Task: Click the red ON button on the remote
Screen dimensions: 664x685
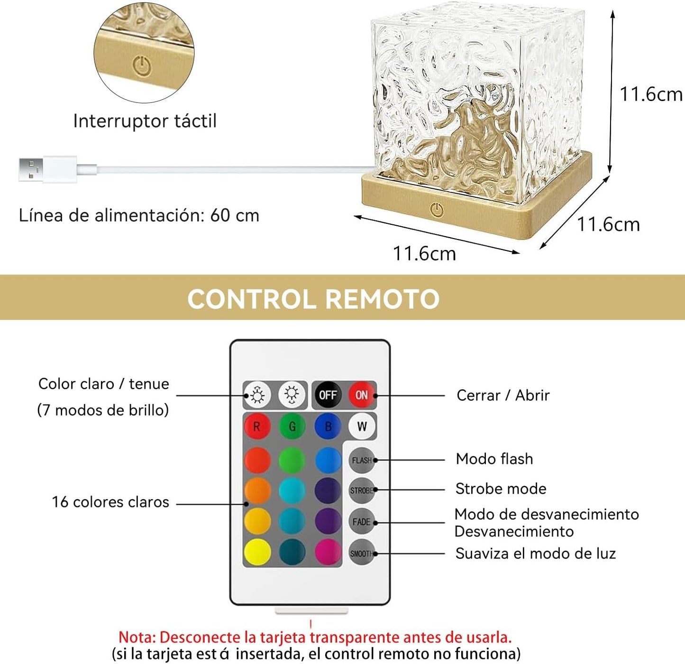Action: click(x=362, y=395)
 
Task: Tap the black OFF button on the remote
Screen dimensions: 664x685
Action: click(x=328, y=395)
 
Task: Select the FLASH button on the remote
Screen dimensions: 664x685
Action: click(x=362, y=460)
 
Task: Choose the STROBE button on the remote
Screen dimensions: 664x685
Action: click(x=362, y=490)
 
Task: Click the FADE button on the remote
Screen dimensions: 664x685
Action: click(x=362, y=522)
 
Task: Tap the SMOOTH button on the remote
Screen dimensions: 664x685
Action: click(x=362, y=553)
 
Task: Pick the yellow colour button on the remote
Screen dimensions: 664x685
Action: click(x=257, y=552)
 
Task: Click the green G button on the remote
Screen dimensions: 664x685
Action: click(x=292, y=426)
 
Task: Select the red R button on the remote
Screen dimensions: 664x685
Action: click(x=257, y=426)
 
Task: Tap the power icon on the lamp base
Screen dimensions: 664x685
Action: click(x=437, y=210)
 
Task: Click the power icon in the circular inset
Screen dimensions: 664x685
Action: click(x=142, y=65)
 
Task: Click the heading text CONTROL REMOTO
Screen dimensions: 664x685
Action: click(x=313, y=299)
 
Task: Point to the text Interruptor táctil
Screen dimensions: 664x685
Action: click(x=145, y=121)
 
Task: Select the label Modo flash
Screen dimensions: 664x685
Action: click(x=494, y=459)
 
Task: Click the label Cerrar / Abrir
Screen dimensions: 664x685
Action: click(x=503, y=395)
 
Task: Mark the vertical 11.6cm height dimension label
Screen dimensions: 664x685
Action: click(x=651, y=94)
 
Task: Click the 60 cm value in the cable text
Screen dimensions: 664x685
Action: click(x=235, y=215)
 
